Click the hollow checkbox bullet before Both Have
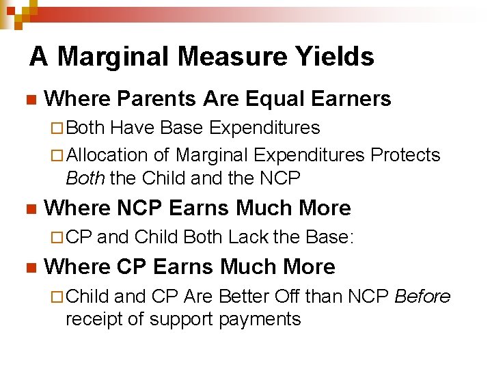pyautogui.click(x=57, y=128)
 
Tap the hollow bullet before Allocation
pyautogui.click(x=57, y=156)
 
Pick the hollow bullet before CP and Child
pyautogui.click(x=57, y=238)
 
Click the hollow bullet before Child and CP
pyautogui.click(x=57, y=297)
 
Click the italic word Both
pyautogui.click(x=85, y=178)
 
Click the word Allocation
pyautogui.click(x=107, y=155)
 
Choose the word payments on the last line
pyautogui.click(x=260, y=319)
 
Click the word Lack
pyautogui.click(x=249, y=237)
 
